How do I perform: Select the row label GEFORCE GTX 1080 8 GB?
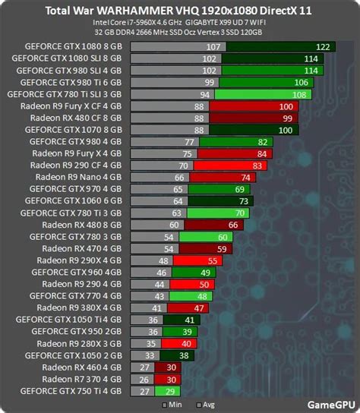(72, 46)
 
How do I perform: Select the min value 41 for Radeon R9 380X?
(157, 307)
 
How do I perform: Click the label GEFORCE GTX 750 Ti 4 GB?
(71, 390)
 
